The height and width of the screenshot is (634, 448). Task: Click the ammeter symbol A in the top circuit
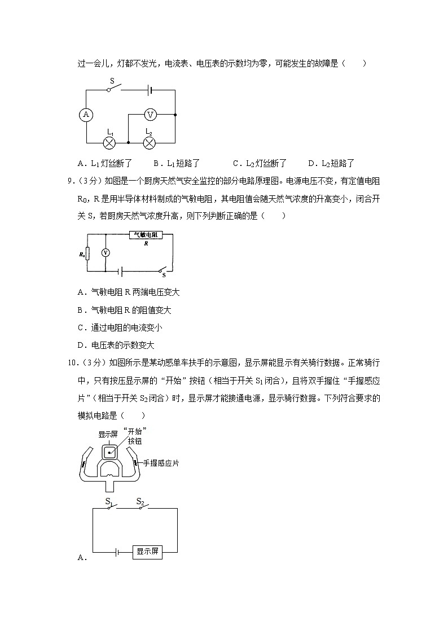point(86,115)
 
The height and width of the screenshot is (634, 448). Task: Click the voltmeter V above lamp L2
point(150,115)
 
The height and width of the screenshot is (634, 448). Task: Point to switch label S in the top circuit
point(112,81)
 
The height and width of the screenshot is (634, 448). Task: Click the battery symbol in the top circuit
point(150,89)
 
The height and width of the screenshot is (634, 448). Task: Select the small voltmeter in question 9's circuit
point(105,253)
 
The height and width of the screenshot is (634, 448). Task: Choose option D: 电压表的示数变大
point(116,345)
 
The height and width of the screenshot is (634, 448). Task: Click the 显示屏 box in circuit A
point(147,552)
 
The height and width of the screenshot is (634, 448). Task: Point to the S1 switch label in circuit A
point(109,501)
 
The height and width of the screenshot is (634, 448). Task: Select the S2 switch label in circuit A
point(140,501)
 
